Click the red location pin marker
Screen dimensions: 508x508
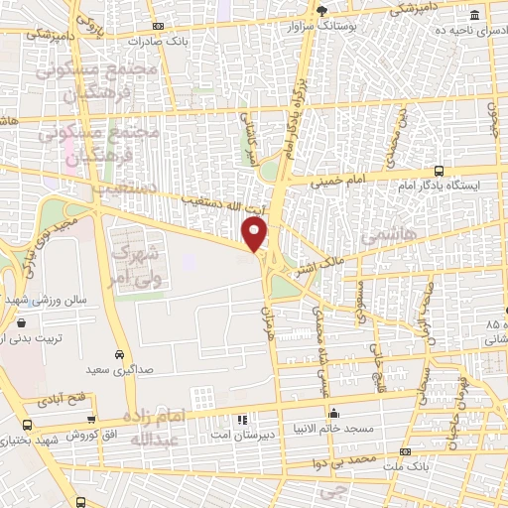point(256,234)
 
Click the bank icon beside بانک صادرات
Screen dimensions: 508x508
point(158,28)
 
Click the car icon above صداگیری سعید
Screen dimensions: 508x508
point(119,354)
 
